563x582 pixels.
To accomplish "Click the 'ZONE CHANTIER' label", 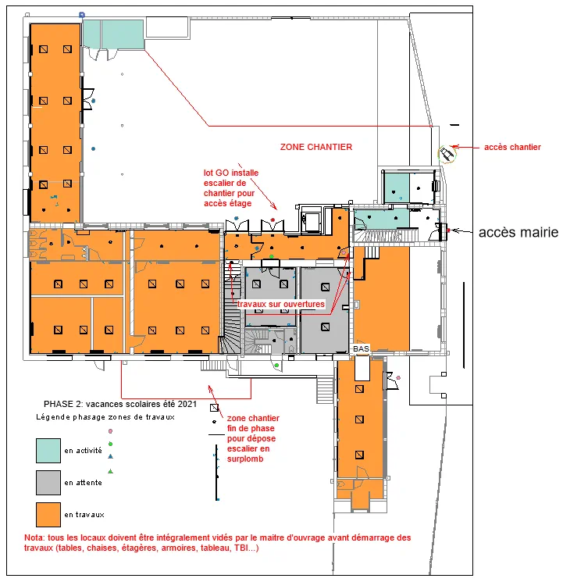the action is (315, 147).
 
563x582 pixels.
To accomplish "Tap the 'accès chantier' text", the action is (512, 148).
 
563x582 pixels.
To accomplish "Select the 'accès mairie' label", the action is (518, 232).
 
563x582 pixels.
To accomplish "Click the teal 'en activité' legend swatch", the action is (48, 451).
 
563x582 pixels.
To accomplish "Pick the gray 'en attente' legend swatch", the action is (48, 483).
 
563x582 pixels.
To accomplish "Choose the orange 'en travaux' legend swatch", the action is (48, 515).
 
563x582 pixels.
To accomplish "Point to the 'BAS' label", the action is (361, 349).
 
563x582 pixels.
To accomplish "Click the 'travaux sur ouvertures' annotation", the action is (281, 304).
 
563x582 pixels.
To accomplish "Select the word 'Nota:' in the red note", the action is (35, 537).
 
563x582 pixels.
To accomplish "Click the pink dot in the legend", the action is (110, 431).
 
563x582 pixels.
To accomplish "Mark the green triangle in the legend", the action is (110, 471).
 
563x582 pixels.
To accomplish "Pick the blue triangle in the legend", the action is (110, 456).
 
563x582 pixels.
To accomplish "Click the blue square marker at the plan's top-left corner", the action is (82, 15).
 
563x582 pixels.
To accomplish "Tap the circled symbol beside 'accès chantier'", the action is (447, 154).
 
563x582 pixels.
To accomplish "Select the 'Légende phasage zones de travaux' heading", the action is (105, 417).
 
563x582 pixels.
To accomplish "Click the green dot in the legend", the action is (110, 444).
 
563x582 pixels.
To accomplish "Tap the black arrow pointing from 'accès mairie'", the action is (462, 231).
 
